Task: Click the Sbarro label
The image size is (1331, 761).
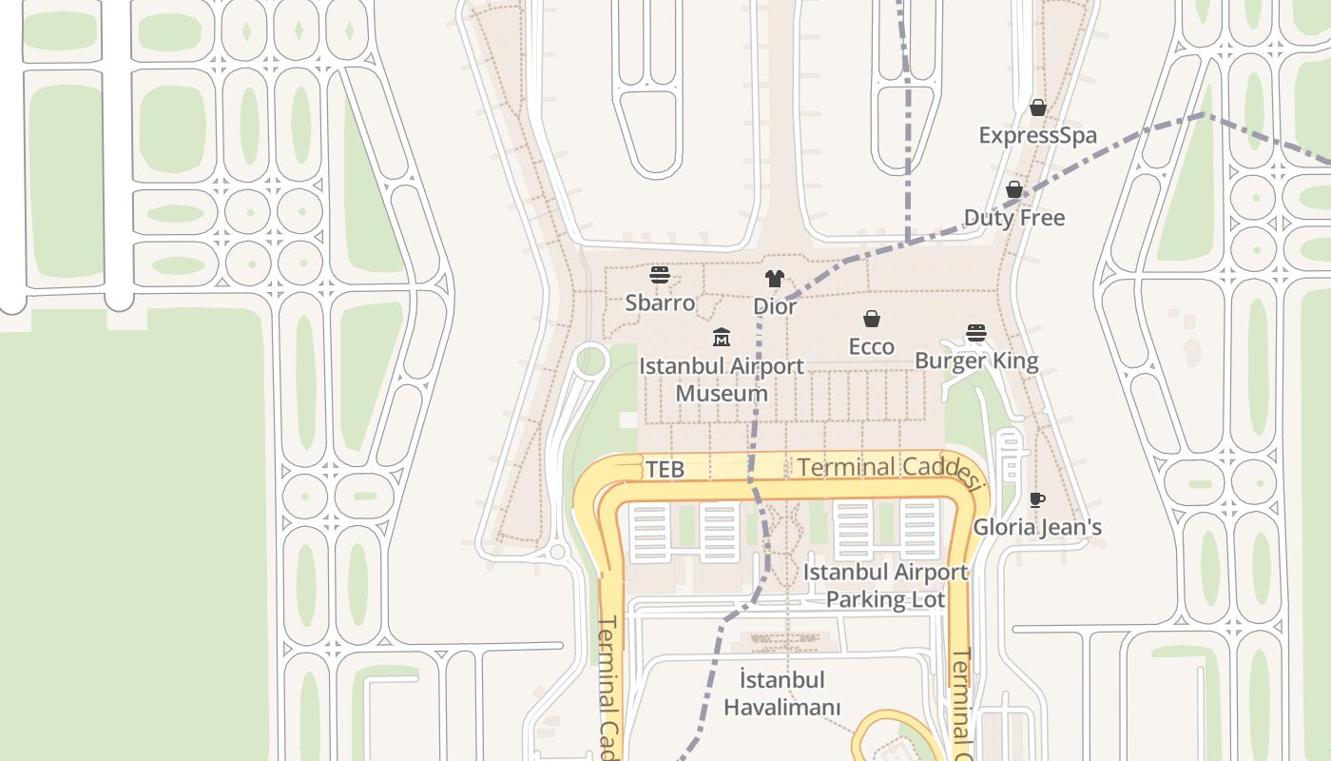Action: [x=659, y=302]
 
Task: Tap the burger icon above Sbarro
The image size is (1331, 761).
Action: [x=660, y=276]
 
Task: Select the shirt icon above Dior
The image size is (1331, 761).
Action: [x=775, y=279]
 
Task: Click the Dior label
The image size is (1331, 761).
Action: [x=775, y=306]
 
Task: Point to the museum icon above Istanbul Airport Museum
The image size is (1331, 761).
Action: [x=722, y=337]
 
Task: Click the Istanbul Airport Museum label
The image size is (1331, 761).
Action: [x=722, y=379]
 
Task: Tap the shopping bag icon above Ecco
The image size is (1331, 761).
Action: [x=871, y=319]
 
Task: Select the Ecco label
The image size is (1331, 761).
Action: [x=871, y=346]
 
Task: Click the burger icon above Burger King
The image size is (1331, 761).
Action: [x=976, y=333]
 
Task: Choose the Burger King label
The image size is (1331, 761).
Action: [x=976, y=361]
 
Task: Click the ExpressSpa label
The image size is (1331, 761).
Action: [x=1037, y=135]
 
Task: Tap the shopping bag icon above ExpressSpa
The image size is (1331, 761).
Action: [x=1038, y=107]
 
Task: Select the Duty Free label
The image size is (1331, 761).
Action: [x=1014, y=218]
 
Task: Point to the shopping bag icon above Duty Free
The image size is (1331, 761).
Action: [x=1014, y=190]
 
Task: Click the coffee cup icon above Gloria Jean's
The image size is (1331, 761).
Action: [x=1037, y=499]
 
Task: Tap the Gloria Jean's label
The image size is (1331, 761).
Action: [x=1037, y=527]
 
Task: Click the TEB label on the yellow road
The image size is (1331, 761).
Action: [x=665, y=469]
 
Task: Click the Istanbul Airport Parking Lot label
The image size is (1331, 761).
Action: [x=886, y=585]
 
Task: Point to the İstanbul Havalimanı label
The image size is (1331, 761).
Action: [x=782, y=693]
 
